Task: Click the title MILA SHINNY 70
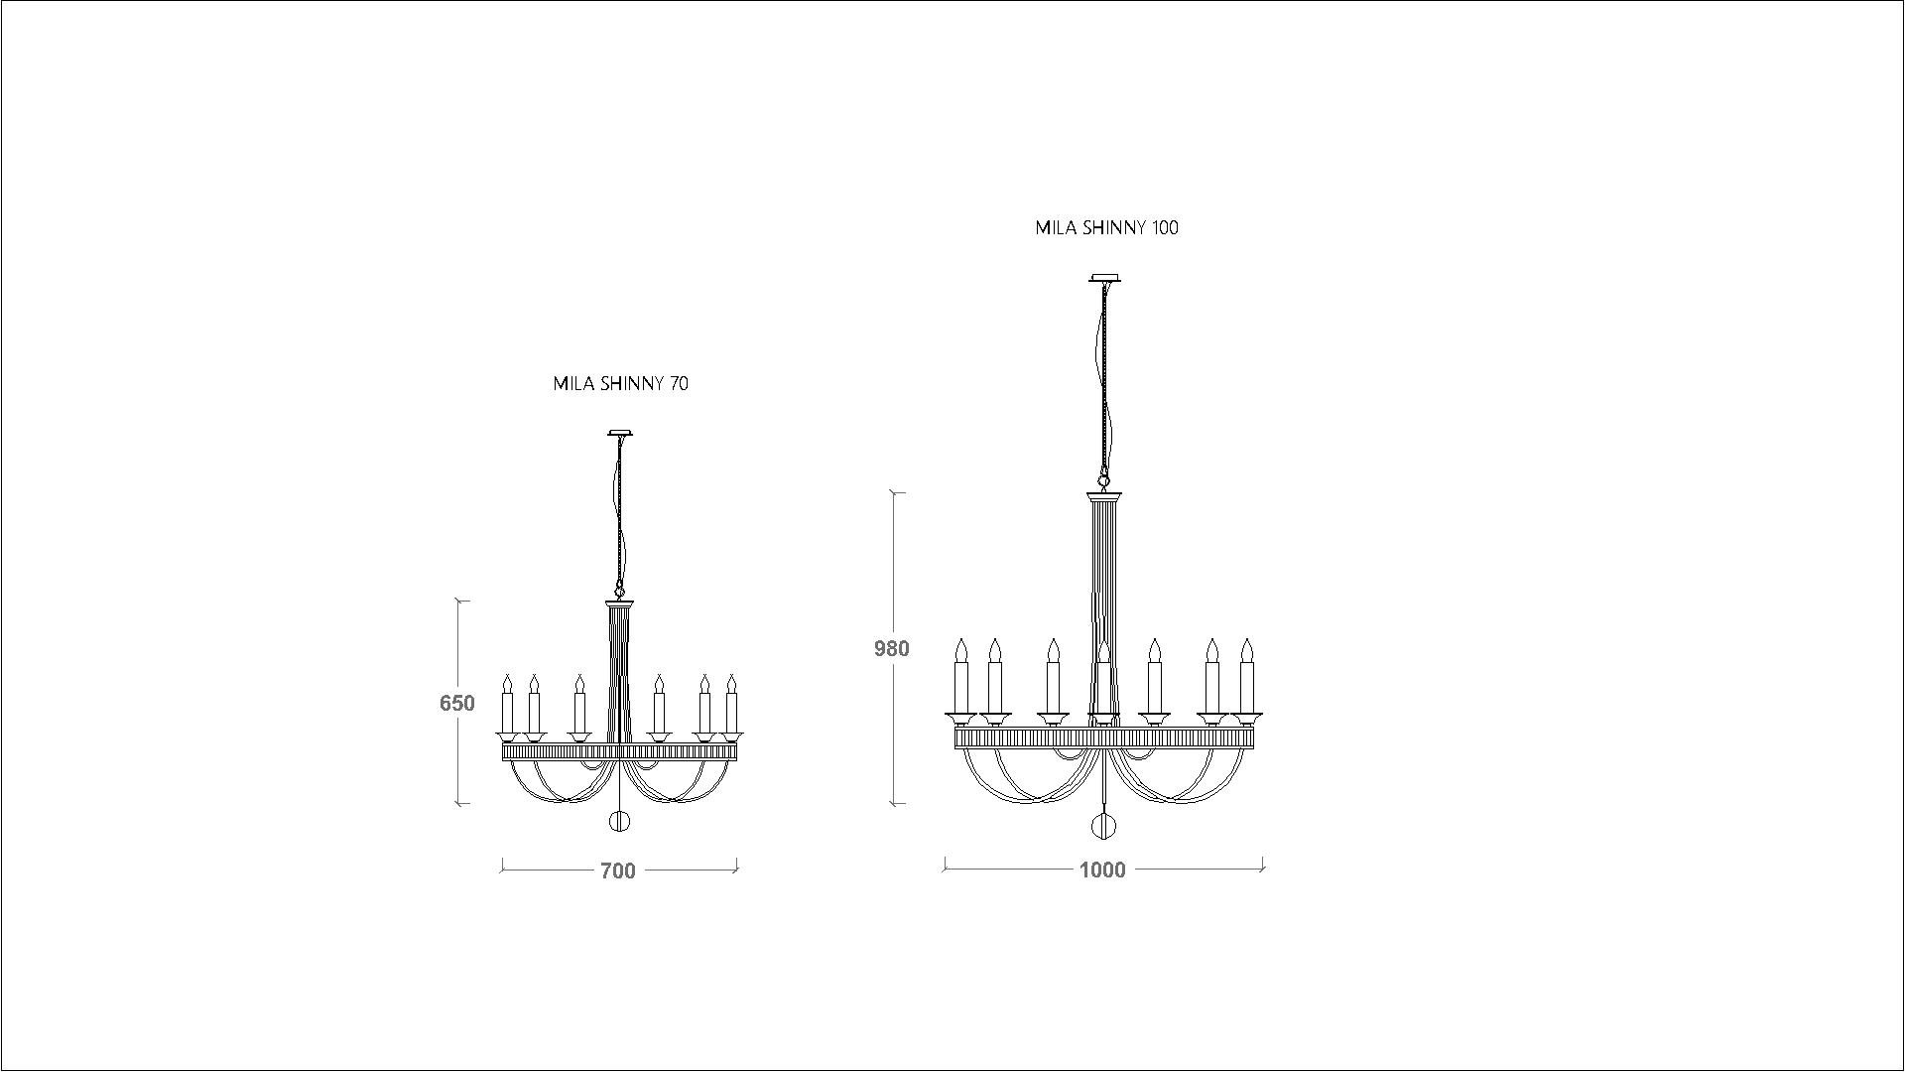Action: pos(620,383)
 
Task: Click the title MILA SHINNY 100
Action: pos(1106,227)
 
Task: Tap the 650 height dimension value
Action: pos(457,703)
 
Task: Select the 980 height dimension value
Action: pos(891,648)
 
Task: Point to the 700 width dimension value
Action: pos(617,871)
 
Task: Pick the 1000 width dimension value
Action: pos(1102,870)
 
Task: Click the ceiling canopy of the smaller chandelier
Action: pos(620,433)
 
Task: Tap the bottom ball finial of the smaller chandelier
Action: pos(619,821)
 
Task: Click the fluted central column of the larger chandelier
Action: pos(1103,596)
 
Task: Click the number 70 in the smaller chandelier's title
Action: pos(679,383)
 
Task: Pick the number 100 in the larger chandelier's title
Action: pos(1165,227)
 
